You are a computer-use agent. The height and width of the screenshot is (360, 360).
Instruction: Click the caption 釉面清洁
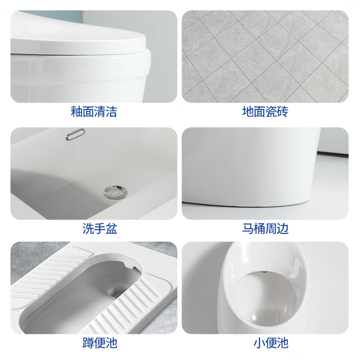[x=94, y=112]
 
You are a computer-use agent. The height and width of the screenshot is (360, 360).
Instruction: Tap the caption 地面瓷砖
[x=265, y=112]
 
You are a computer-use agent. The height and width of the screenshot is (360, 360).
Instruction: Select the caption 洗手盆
[x=99, y=229]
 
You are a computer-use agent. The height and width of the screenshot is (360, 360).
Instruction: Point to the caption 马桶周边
[x=265, y=229]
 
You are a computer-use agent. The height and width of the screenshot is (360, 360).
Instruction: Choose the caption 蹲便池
[x=99, y=343]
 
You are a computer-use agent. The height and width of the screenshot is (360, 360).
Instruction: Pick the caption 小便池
[x=270, y=343]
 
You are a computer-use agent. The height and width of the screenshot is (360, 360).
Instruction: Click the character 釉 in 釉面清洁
[x=76, y=112]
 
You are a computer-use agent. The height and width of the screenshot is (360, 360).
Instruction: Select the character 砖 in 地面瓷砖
[x=282, y=112]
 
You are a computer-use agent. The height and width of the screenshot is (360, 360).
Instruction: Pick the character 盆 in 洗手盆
[x=111, y=229]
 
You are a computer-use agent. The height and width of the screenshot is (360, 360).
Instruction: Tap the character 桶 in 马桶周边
[x=259, y=229]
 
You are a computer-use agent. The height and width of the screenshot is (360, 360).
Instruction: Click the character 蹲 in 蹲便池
[x=88, y=343]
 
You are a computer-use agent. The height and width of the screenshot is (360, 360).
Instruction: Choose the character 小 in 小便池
[x=259, y=343]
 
